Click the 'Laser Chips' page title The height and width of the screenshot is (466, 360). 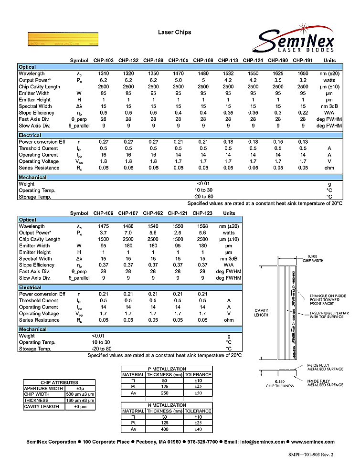coord(175,32)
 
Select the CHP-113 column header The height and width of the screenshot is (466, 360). coord(228,61)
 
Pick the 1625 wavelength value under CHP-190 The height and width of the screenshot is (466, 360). coord(278,74)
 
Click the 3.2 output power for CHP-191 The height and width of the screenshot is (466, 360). coord(303,80)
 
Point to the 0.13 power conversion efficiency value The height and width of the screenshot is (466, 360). coord(303,142)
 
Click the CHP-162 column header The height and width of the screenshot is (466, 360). coord(153,213)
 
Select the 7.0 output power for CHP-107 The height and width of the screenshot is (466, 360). coord(128,233)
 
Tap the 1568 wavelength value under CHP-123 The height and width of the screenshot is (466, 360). coord(203,226)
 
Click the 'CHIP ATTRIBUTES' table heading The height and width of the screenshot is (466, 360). coord(59,382)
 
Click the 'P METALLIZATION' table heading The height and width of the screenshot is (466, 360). coord(167,369)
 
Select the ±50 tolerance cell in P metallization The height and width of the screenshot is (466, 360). coord(198,393)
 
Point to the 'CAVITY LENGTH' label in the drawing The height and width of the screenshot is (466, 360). coord(261,312)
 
